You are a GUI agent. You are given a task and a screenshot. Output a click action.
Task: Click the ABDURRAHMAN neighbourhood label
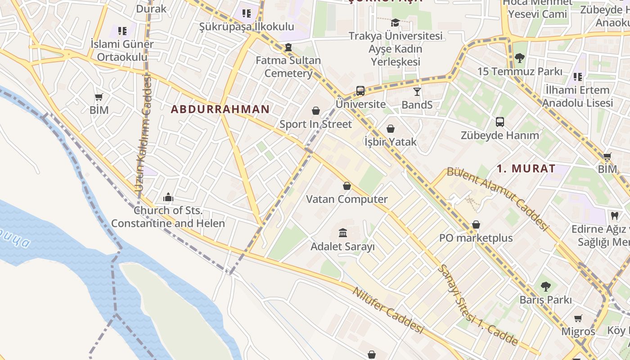[220, 109]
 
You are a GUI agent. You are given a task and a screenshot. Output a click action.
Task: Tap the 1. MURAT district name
[526, 169]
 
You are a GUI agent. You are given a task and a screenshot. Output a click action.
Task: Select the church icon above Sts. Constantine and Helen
[168, 197]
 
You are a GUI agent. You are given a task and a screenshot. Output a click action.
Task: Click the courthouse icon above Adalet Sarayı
[343, 233]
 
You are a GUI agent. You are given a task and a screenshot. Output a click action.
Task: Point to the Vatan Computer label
[346, 199]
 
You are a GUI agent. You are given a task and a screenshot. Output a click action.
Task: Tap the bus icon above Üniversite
[360, 91]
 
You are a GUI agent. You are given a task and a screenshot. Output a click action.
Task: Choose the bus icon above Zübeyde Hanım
[499, 121]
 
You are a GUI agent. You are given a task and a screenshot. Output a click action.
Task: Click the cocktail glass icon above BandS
[417, 92]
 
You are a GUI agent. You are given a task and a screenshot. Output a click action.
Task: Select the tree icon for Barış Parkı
[545, 286]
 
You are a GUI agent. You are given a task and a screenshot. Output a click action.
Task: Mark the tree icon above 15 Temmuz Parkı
[520, 58]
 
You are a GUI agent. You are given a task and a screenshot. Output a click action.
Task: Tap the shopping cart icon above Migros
[578, 319]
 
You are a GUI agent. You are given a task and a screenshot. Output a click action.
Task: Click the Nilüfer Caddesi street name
[387, 310]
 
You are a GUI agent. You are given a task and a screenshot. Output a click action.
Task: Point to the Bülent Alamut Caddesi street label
[498, 198]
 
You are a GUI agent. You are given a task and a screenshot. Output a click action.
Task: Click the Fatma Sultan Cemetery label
[288, 67]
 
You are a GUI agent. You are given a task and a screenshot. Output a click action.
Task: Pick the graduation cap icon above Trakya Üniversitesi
[395, 22]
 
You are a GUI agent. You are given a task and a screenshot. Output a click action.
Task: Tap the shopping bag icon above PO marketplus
[476, 225]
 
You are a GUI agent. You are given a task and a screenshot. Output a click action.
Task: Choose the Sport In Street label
[315, 124]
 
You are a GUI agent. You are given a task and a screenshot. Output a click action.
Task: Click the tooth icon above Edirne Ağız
[614, 216]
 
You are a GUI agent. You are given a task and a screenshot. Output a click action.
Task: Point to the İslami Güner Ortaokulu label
[122, 50]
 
